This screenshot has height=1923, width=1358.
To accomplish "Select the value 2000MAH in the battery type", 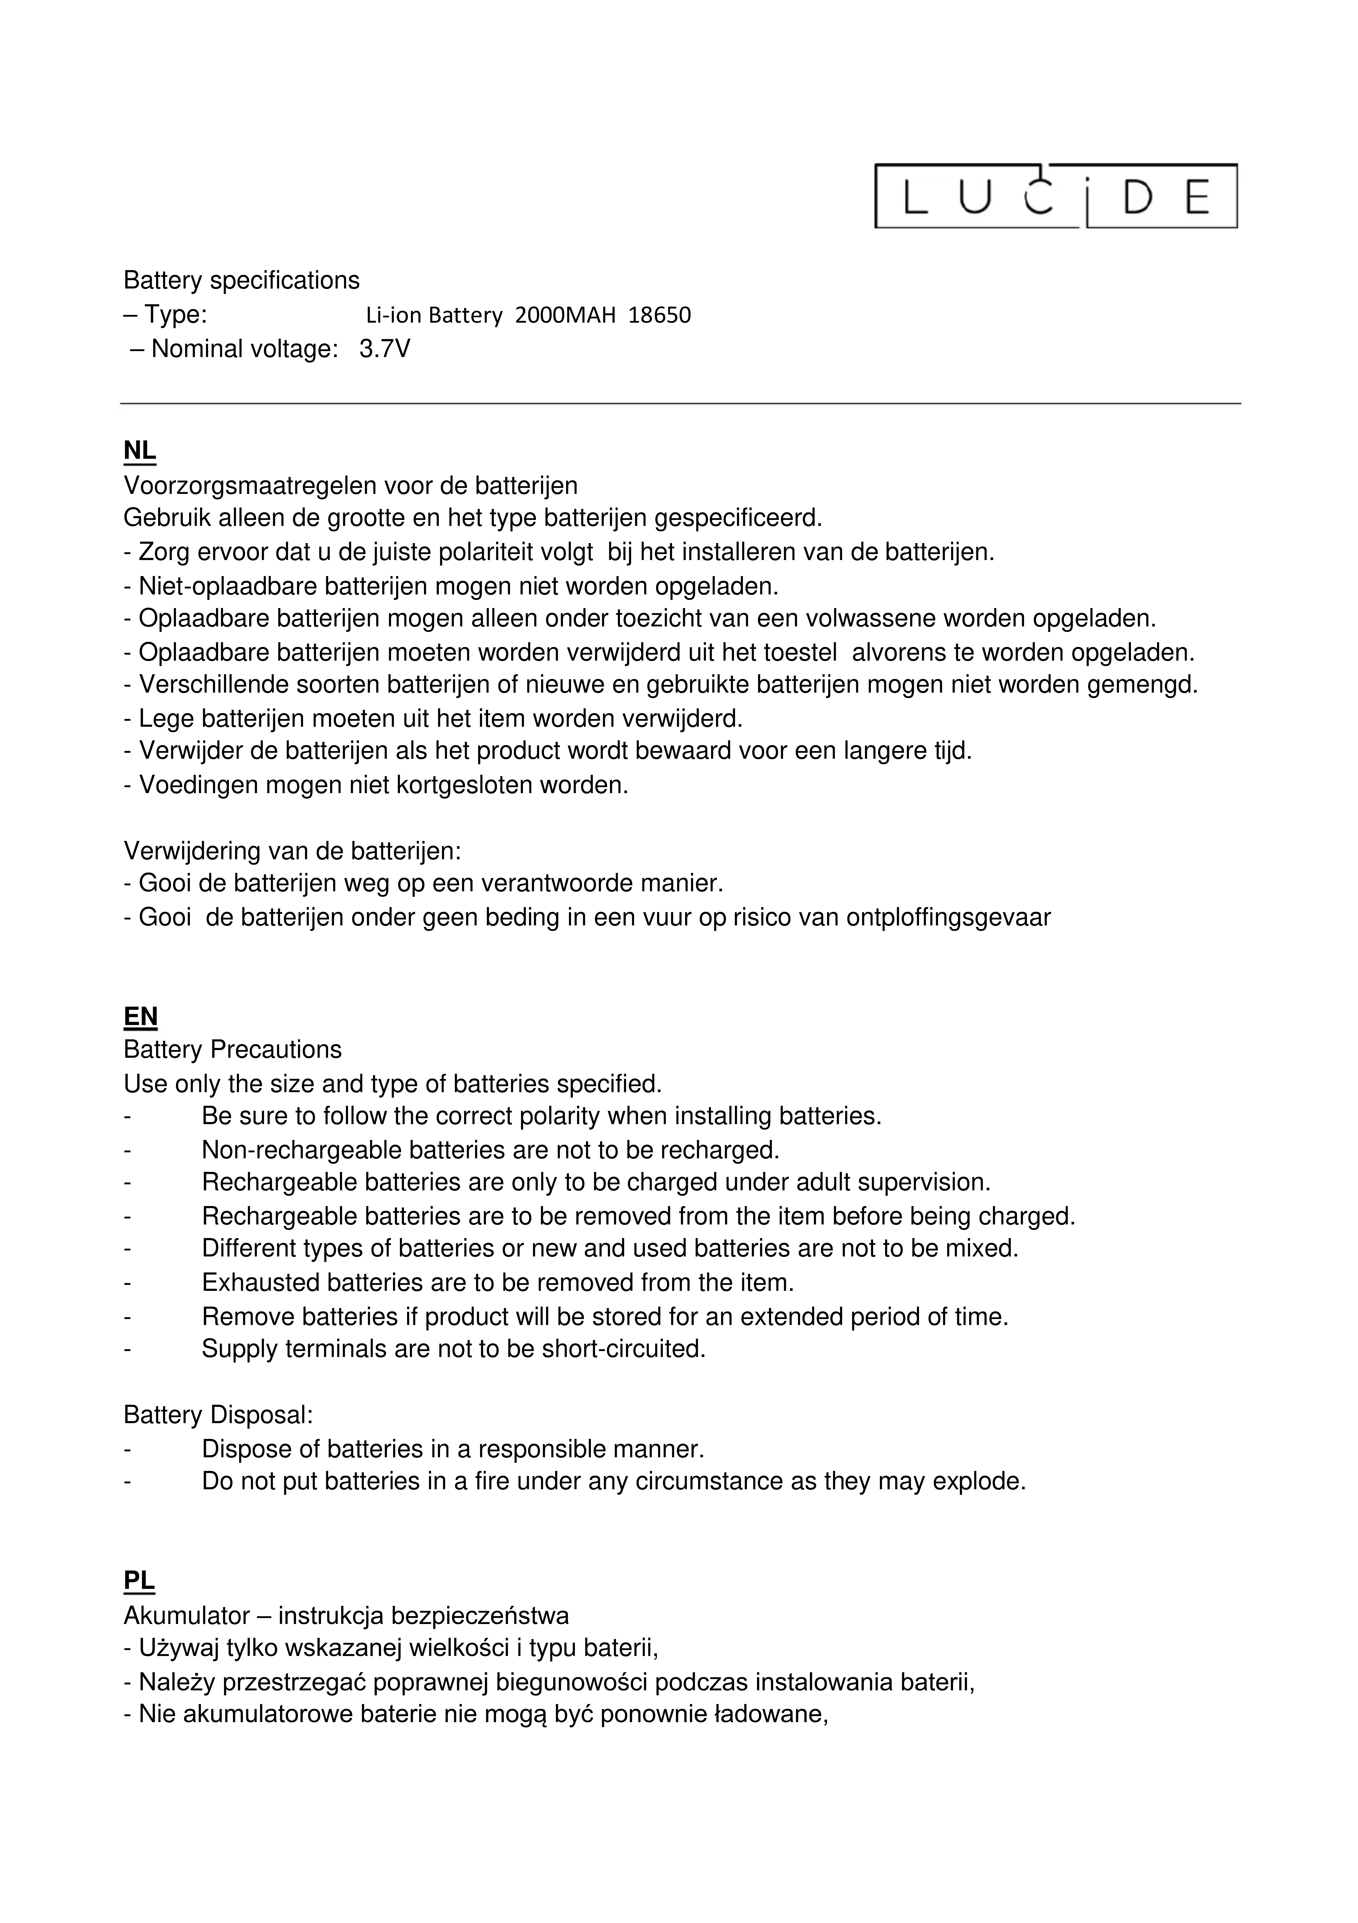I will pyautogui.click(x=565, y=316).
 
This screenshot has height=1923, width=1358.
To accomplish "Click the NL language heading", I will pyautogui.click(x=140, y=451).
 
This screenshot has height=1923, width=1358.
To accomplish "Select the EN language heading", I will pyautogui.click(x=141, y=1017).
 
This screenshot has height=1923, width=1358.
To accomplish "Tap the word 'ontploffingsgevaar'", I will pyautogui.click(x=949, y=918).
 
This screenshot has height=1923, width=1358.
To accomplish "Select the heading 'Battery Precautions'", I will pyautogui.click(x=233, y=1050).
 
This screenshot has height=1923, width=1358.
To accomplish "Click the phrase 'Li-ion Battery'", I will pyautogui.click(x=434, y=316).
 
